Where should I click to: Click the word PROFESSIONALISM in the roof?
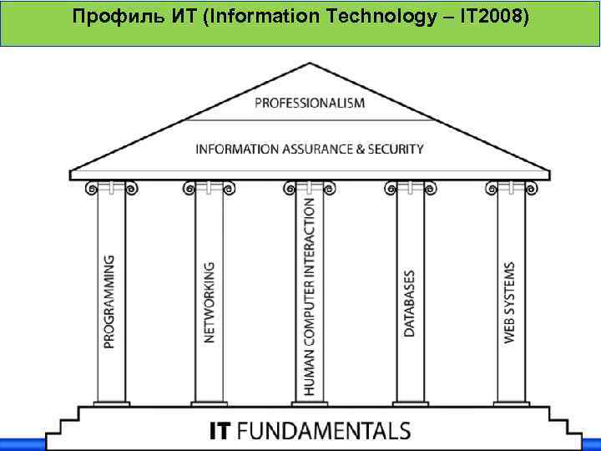click(x=310, y=103)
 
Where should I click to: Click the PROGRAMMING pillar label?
click(x=110, y=302)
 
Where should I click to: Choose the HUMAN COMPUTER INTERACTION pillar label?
click(x=309, y=296)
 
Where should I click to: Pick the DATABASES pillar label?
click(x=409, y=303)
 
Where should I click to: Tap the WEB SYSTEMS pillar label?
click(x=509, y=302)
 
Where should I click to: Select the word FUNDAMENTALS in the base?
click(x=324, y=431)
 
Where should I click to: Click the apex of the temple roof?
click(x=310, y=63)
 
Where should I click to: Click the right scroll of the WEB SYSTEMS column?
click(x=530, y=190)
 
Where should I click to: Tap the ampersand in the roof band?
click(x=362, y=149)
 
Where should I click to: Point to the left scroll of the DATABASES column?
click(x=390, y=190)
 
